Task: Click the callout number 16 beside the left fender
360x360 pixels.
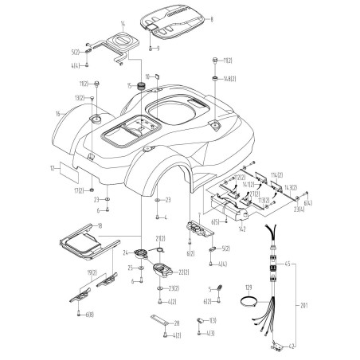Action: click(x=58, y=115)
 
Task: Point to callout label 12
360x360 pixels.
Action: click(x=51, y=169)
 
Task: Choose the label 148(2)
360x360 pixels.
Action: click(x=229, y=79)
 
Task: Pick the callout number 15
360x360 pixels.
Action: click(x=130, y=84)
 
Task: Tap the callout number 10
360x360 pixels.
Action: click(x=147, y=76)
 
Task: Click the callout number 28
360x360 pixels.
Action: click(x=177, y=323)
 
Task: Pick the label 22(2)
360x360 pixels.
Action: click(x=182, y=273)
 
